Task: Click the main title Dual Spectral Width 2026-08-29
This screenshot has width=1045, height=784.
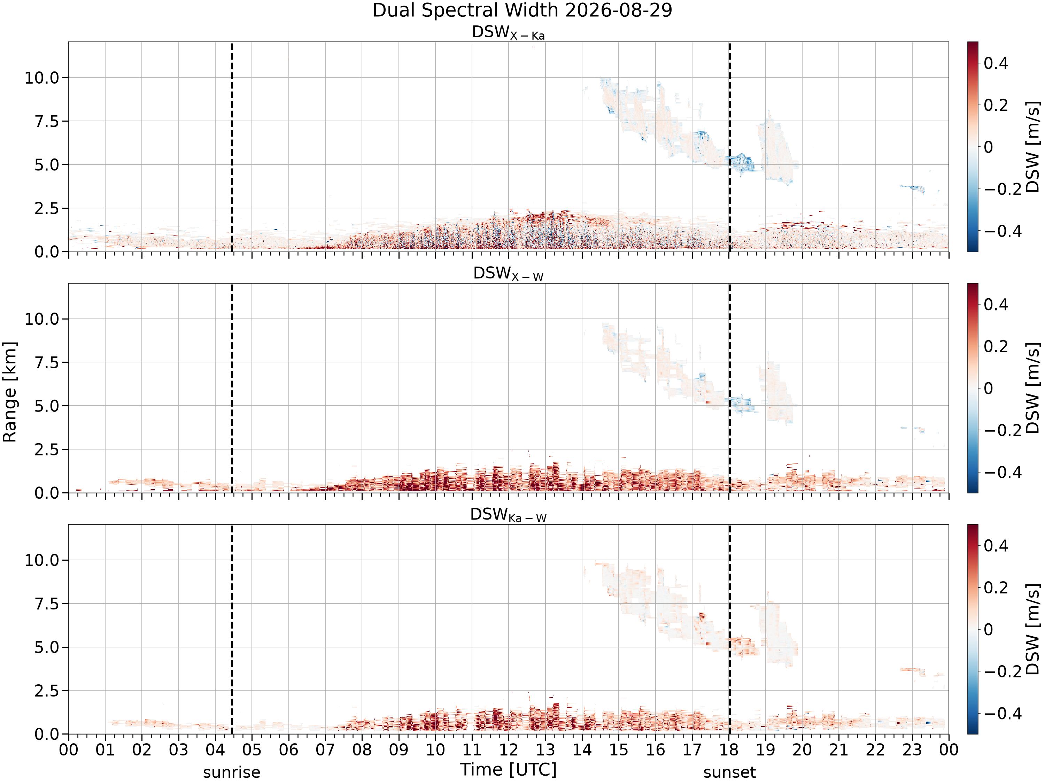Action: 522,10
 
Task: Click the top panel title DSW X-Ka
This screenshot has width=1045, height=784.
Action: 508,33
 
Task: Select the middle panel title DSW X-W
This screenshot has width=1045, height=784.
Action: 508,274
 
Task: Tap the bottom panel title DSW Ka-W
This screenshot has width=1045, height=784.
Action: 508,515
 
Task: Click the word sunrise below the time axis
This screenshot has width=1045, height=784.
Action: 232,772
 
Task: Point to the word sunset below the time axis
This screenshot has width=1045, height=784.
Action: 729,772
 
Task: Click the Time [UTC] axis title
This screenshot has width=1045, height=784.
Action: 508,770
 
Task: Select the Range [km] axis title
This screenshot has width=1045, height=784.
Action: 10,392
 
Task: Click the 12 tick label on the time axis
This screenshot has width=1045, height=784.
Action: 509,750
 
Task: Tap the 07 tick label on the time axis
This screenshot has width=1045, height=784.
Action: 325,750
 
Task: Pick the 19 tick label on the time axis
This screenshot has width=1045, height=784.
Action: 766,750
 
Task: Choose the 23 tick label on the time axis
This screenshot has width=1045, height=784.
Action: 912,750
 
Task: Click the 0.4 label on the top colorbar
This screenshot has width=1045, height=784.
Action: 996,63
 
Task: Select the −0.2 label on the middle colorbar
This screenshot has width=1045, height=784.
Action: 1003,431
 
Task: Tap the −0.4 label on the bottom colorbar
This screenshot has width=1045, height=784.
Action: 1003,714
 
